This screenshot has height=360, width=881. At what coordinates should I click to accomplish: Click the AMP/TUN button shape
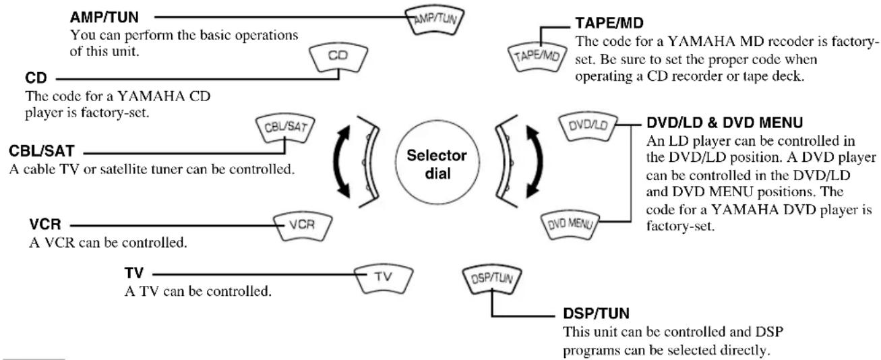(435, 20)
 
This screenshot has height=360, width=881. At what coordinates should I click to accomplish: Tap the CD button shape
(338, 57)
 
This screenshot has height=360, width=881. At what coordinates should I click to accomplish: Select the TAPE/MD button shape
(537, 57)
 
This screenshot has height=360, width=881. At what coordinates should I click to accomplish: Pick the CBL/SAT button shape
(285, 129)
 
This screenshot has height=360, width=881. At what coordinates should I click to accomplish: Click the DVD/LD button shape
(588, 127)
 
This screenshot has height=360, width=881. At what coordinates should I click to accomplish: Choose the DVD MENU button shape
(570, 225)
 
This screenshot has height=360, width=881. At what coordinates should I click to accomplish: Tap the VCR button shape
(303, 227)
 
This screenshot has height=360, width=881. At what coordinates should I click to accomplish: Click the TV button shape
(384, 279)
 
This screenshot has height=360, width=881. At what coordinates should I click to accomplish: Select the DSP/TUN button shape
(492, 279)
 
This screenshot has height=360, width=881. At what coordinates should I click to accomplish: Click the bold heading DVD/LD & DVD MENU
(725, 123)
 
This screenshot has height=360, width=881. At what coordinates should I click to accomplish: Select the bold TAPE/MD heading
(609, 23)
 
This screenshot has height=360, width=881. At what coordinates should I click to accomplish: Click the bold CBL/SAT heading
(42, 151)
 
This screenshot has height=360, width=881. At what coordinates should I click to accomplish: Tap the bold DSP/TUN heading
(597, 313)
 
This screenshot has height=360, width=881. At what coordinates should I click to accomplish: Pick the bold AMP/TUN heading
(104, 18)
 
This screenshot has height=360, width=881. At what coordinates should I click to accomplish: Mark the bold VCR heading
(45, 224)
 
